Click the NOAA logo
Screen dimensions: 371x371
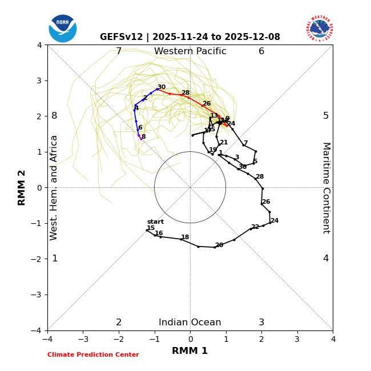click(x=63, y=28)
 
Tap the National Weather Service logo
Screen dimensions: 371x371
click(x=319, y=28)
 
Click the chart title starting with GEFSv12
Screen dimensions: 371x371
click(x=190, y=37)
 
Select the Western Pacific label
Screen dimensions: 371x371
click(x=190, y=51)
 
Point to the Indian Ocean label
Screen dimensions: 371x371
click(x=190, y=322)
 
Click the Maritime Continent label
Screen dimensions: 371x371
click(x=326, y=188)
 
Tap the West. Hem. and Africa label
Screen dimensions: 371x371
click(x=54, y=188)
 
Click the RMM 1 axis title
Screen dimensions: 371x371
click(x=190, y=351)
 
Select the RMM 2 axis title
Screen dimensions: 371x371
click(x=22, y=188)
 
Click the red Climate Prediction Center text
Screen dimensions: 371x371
click(x=93, y=355)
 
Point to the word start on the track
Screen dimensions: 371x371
click(x=155, y=222)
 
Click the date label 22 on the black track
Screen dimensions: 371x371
click(x=255, y=227)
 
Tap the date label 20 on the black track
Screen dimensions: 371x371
click(x=219, y=245)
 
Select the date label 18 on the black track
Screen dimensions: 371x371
click(x=185, y=237)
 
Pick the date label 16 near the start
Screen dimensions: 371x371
click(x=159, y=233)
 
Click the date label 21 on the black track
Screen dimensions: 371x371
click(x=224, y=143)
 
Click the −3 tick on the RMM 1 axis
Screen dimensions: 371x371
click(x=83, y=339)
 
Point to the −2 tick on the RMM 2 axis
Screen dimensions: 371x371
click(x=38, y=259)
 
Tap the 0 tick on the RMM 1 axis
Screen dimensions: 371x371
click(x=190, y=339)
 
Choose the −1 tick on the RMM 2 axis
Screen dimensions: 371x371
click(x=38, y=223)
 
